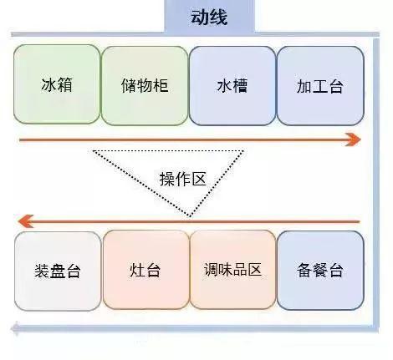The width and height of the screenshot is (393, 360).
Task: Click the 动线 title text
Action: coord(209,18)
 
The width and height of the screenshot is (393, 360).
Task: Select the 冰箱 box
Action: coord(57,84)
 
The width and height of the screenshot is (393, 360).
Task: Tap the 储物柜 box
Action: coord(145,85)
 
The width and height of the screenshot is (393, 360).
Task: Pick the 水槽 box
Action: coord(232,85)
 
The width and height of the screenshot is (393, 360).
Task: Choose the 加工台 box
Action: coord(320,85)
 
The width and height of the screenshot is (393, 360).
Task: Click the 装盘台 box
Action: coord(58,271)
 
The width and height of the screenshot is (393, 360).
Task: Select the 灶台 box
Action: coord(145,270)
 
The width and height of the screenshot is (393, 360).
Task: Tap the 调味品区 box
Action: coord(232,270)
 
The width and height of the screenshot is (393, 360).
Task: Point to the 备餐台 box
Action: coord(320,270)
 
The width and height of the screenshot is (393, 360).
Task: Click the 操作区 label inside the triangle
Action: coord(183,179)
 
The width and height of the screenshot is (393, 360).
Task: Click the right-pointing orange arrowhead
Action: coord(354,139)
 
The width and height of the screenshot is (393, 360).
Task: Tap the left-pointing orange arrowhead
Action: coord(26,221)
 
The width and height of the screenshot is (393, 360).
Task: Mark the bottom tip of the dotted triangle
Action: coord(190,216)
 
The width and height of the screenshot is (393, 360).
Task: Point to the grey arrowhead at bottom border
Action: coord(15,328)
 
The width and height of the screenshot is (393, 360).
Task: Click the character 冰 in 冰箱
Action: coord(48,84)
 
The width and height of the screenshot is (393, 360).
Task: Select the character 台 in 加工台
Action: coord(336,86)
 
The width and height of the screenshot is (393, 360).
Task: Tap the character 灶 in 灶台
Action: coord(137,270)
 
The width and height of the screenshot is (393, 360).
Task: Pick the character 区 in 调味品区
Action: coord(255,270)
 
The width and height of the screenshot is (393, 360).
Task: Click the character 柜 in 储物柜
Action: coord(161,85)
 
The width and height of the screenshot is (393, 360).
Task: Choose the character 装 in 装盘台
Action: coord(42,271)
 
